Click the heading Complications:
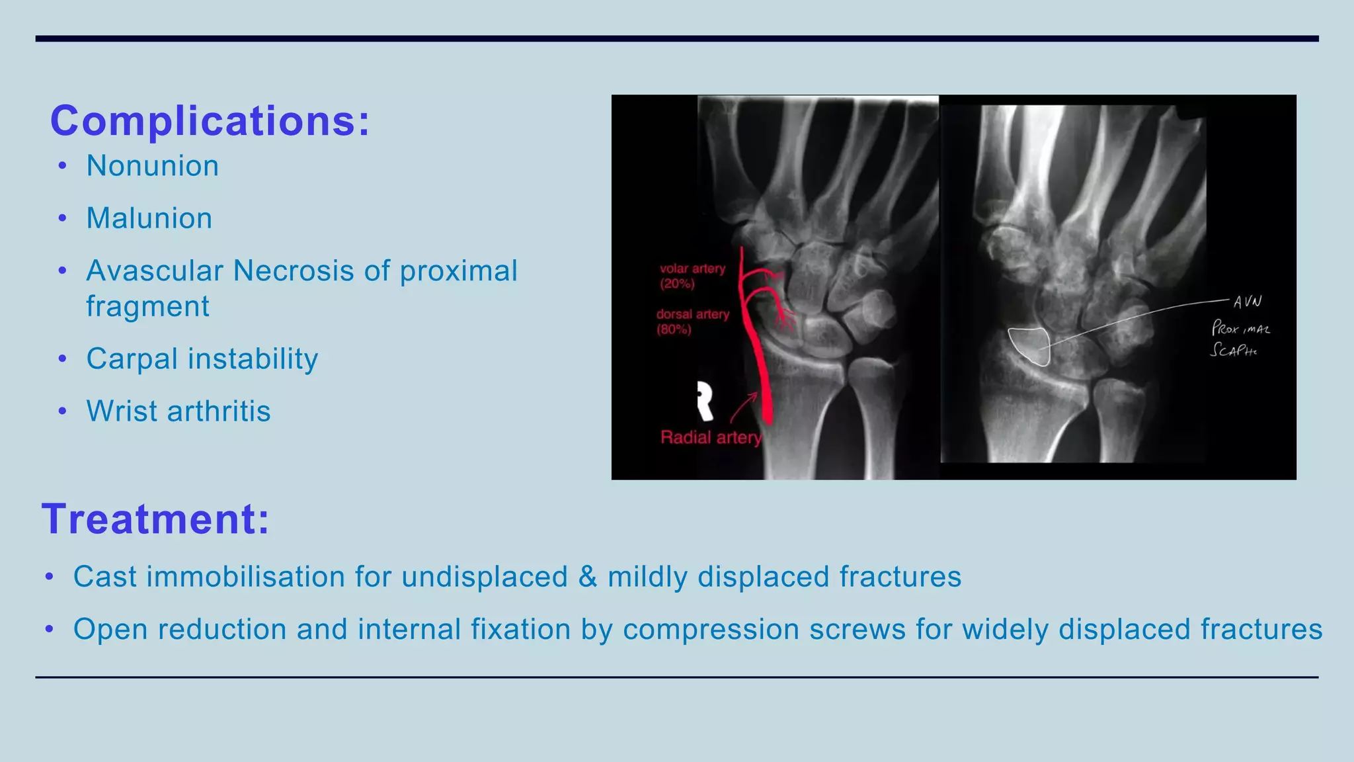click(x=210, y=121)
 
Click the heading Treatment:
click(x=156, y=519)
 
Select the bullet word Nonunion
click(x=153, y=166)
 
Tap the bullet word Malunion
click(x=149, y=218)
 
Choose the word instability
click(x=253, y=359)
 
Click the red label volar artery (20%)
click(x=692, y=276)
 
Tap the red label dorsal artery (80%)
click(x=692, y=321)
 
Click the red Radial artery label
click(x=711, y=437)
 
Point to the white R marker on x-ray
click(x=705, y=400)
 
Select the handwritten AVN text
click(x=1247, y=302)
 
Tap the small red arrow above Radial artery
click(x=744, y=406)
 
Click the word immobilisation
click(x=245, y=577)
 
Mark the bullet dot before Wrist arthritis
click(x=63, y=411)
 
